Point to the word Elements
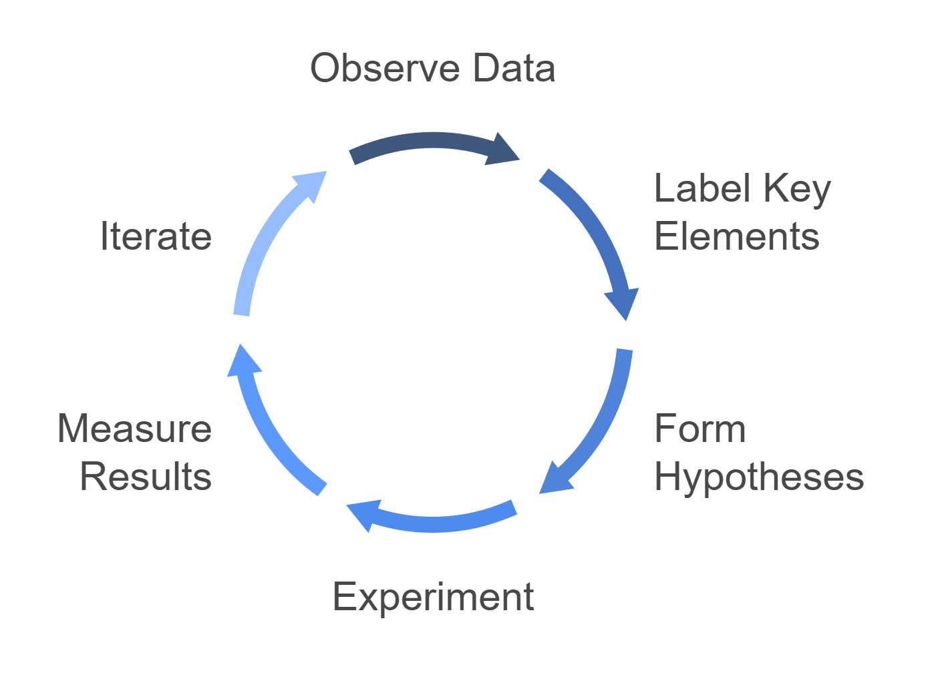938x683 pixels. (736, 236)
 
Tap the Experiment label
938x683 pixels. (433, 596)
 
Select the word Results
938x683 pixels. (146, 477)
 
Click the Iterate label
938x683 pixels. (156, 236)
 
